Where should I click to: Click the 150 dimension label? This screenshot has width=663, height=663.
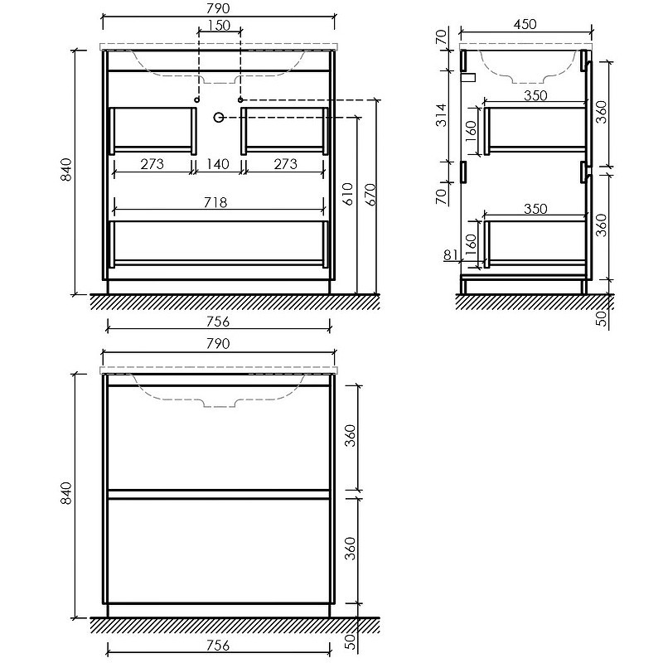[x=220, y=26]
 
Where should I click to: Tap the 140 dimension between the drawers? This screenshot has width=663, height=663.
[x=218, y=163]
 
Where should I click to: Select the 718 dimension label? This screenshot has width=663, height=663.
[x=215, y=202]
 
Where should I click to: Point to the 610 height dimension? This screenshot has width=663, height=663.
[x=347, y=194]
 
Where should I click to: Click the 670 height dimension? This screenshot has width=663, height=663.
[x=370, y=194]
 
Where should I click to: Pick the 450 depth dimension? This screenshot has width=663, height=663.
[x=525, y=24]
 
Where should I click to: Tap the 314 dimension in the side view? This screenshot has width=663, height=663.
[x=441, y=115]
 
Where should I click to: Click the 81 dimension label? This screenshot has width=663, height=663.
[x=451, y=255]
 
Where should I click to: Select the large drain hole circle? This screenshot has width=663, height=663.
[x=219, y=117]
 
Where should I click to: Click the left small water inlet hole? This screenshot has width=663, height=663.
[x=196, y=99]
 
